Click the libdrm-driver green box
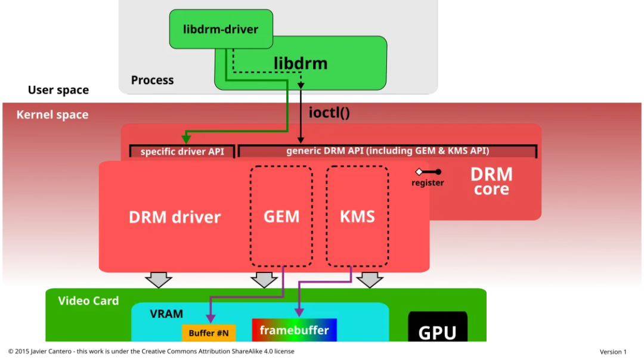pyautogui.click(x=221, y=29)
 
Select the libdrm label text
pyautogui.click(x=301, y=63)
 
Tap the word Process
pyautogui.click(x=152, y=80)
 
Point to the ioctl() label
pyautogui.click(x=329, y=112)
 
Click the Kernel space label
pyautogui.click(x=52, y=114)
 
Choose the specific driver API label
pyautogui.click(x=182, y=151)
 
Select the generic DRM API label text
pyautogui.click(x=388, y=151)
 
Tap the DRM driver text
pyautogui.click(x=175, y=217)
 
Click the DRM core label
pyautogui.click(x=491, y=182)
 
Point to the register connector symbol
pyautogui.click(x=428, y=172)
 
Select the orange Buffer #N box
pyautogui.click(x=209, y=333)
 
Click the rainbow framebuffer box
pyautogui.click(x=294, y=330)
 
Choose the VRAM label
pyautogui.click(x=166, y=314)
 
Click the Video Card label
pyautogui.click(x=88, y=300)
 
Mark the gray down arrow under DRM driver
pyautogui.click(x=159, y=279)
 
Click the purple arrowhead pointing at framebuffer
pyautogui.click(x=299, y=312)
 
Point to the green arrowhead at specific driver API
pyautogui.click(x=186, y=140)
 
